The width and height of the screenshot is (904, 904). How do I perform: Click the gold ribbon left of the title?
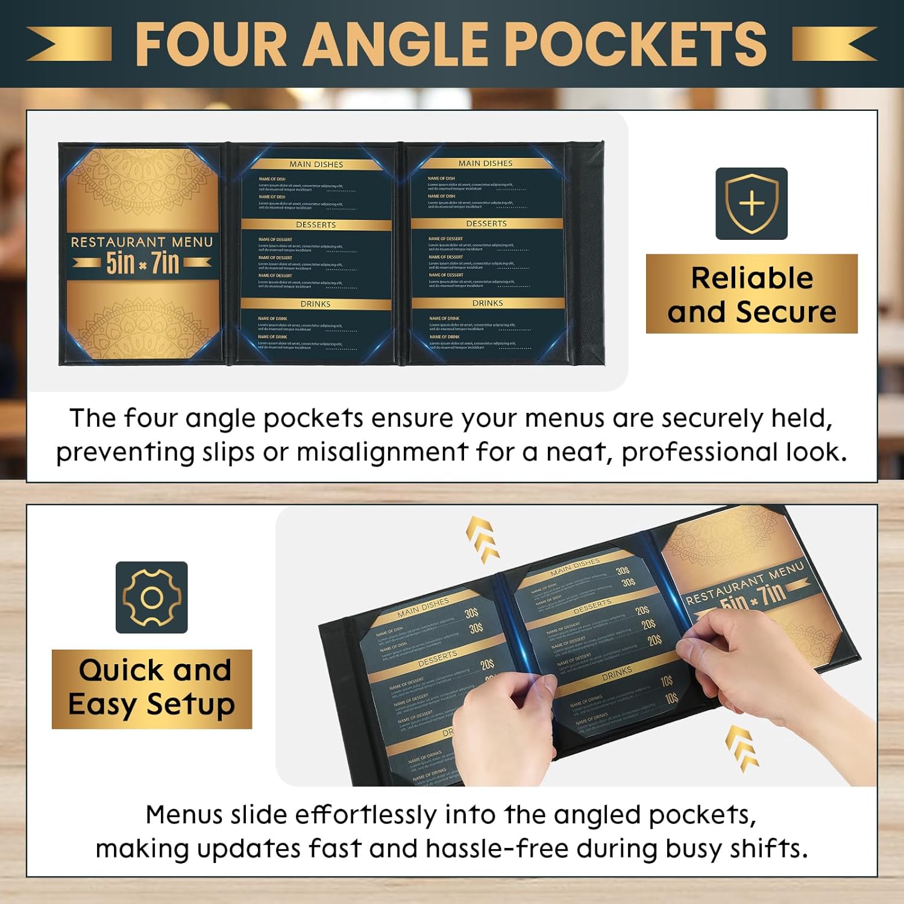(69, 43)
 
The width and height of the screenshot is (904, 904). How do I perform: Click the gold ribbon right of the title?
(835, 43)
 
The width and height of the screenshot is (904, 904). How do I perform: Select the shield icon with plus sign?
(752, 204)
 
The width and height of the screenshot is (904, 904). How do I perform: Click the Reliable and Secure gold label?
(752, 294)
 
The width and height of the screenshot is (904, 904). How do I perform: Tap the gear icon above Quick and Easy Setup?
(151, 597)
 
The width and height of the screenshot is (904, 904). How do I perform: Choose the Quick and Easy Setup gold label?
(151, 689)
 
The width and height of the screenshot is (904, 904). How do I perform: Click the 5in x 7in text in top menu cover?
(142, 263)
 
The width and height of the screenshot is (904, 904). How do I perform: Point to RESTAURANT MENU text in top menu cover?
(142, 242)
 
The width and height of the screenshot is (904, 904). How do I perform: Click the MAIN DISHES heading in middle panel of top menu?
(316, 164)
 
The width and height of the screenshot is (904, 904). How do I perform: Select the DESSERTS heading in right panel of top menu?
(486, 224)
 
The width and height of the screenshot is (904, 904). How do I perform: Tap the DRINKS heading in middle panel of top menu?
(315, 304)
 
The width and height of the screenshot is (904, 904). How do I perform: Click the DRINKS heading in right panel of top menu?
(488, 303)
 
